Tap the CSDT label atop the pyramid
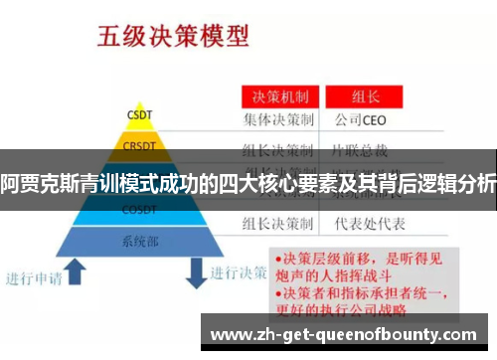point(138,113)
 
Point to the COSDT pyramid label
point(138,210)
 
